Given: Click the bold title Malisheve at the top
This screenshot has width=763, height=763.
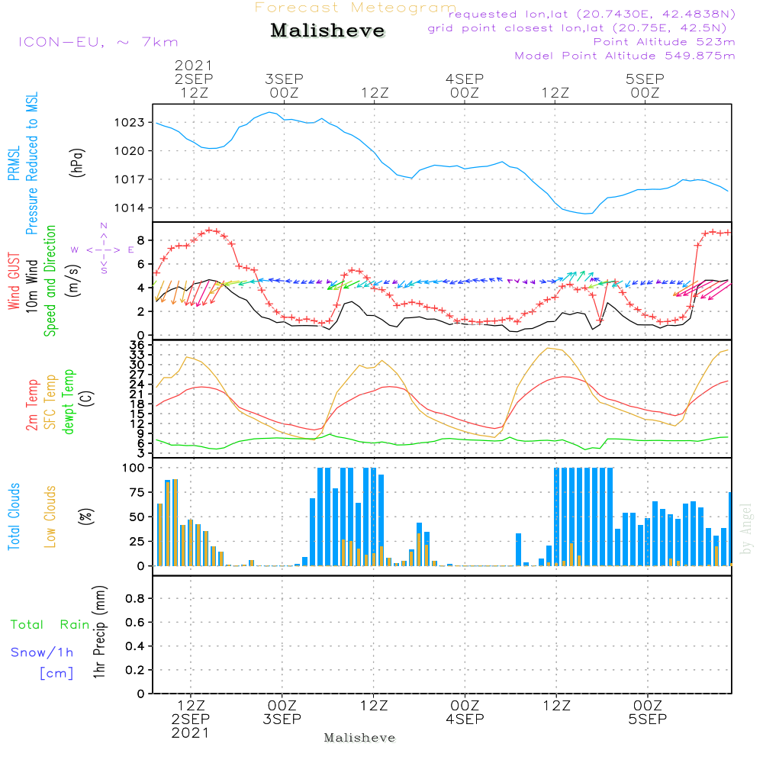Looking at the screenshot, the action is [327, 31].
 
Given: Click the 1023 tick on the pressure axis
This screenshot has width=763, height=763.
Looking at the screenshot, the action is [130, 123].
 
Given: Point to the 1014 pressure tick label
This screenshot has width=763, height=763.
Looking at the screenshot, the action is [130, 208].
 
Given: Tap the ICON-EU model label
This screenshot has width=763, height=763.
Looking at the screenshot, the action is [98, 42].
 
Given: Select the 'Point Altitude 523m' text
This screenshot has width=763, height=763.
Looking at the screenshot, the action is [665, 42].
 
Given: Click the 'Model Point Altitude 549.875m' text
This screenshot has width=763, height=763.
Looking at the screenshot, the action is [625, 56].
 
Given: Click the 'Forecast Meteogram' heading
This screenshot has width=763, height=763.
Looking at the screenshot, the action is [356, 8].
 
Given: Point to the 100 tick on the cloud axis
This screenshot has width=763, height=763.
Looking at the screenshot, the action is [134, 468].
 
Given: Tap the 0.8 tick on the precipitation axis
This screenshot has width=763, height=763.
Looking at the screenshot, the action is [135, 598].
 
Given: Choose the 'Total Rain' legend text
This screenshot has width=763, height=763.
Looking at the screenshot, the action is [50, 624].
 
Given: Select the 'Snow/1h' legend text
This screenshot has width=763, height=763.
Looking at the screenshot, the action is [42, 652].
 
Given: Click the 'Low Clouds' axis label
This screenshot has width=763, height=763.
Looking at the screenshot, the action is [50, 517].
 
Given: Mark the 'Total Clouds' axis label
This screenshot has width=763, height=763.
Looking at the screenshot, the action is [14, 517].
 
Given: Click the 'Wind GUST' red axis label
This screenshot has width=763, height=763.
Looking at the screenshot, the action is [14, 281].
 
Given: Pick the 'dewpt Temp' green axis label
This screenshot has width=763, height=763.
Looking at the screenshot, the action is [68, 401].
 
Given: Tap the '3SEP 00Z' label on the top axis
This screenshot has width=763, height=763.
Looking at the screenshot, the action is [284, 85].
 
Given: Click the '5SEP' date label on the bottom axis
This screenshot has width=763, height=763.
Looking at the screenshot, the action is [648, 719].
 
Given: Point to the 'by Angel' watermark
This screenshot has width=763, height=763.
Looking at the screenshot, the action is [746, 529].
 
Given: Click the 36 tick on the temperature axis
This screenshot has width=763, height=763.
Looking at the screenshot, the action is [137, 345].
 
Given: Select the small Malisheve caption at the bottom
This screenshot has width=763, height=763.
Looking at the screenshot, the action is [359, 738].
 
